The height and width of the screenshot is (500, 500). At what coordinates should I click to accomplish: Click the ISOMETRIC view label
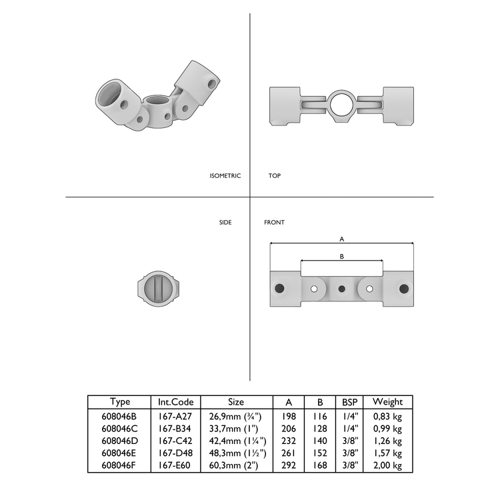[225, 176]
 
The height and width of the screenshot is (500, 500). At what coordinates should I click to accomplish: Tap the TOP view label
[275, 176]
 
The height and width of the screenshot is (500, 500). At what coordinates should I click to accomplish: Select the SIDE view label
[225, 222]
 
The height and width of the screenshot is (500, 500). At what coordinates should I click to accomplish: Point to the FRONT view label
[274, 222]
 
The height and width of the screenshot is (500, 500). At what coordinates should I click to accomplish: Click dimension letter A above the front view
[342, 238]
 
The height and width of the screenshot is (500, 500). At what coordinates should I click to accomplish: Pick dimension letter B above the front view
[342, 256]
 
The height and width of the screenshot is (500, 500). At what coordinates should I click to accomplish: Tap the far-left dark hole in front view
[280, 288]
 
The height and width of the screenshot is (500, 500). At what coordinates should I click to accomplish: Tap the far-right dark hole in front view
[403, 288]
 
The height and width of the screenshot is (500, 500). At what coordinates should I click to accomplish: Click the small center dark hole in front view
[342, 289]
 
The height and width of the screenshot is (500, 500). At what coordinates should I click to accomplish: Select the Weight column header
[388, 402]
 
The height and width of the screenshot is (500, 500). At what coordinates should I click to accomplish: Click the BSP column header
[350, 402]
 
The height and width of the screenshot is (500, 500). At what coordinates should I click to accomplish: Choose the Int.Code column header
[176, 402]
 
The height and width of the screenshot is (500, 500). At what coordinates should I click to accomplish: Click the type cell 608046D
[121, 441]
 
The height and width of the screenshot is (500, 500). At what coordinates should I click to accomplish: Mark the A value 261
[289, 453]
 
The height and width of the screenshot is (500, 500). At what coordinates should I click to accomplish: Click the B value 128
[320, 429]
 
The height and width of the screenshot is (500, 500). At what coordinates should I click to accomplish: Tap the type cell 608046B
[121, 416]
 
